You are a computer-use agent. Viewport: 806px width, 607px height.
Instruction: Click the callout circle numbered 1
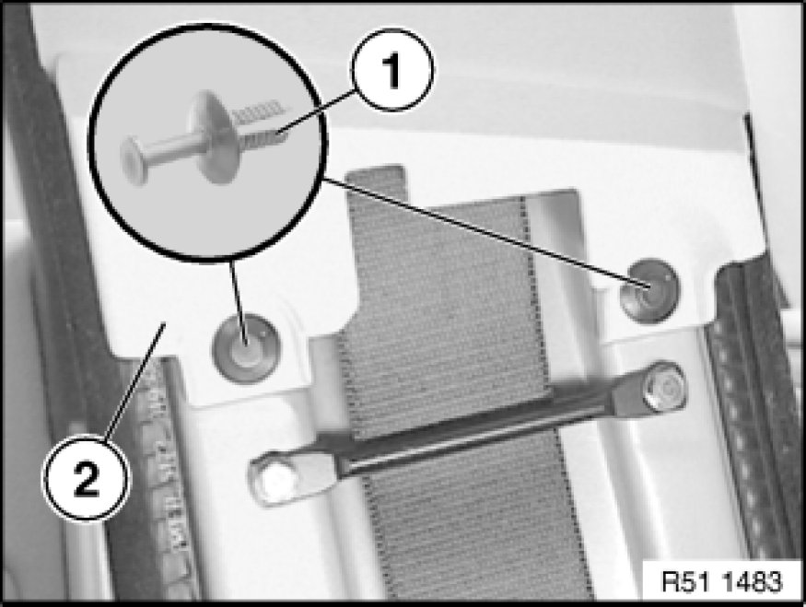tap(392, 70)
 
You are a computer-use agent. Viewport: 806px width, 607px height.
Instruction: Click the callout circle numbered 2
tap(87, 478)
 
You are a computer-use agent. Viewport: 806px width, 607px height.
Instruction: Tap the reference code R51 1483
tap(721, 582)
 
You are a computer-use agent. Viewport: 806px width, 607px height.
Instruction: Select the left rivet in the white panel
tap(247, 348)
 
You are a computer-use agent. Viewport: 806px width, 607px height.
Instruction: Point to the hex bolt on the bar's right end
tap(664, 386)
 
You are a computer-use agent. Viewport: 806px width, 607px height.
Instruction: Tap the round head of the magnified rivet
tap(134, 161)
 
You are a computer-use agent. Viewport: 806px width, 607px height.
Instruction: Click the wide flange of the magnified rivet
tap(211, 136)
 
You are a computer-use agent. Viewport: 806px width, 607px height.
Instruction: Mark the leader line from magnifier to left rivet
tap(239, 302)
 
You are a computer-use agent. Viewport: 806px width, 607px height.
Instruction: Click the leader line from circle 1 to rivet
tap(316, 111)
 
